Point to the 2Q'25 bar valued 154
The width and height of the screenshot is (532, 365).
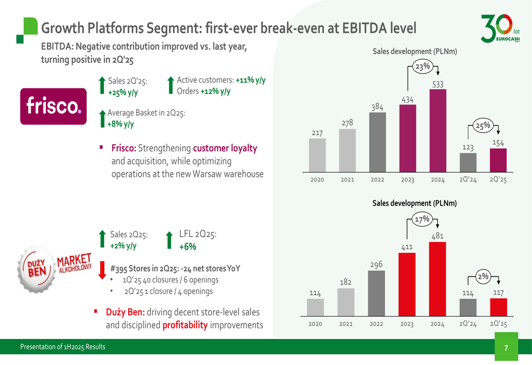tap(498, 160)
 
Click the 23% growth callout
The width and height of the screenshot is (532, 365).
tap(423, 67)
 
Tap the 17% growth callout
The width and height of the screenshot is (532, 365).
tap(423, 219)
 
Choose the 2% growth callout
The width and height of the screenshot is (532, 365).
tap(483, 277)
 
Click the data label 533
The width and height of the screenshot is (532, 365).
tap(438, 84)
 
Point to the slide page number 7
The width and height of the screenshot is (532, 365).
tap(506, 348)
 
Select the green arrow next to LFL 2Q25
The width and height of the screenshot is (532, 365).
tap(170, 240)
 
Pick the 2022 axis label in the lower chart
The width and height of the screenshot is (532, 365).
tap(377, 323)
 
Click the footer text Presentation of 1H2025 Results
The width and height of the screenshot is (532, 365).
tap(63, 347)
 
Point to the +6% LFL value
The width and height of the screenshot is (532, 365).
tap(188, 246)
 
